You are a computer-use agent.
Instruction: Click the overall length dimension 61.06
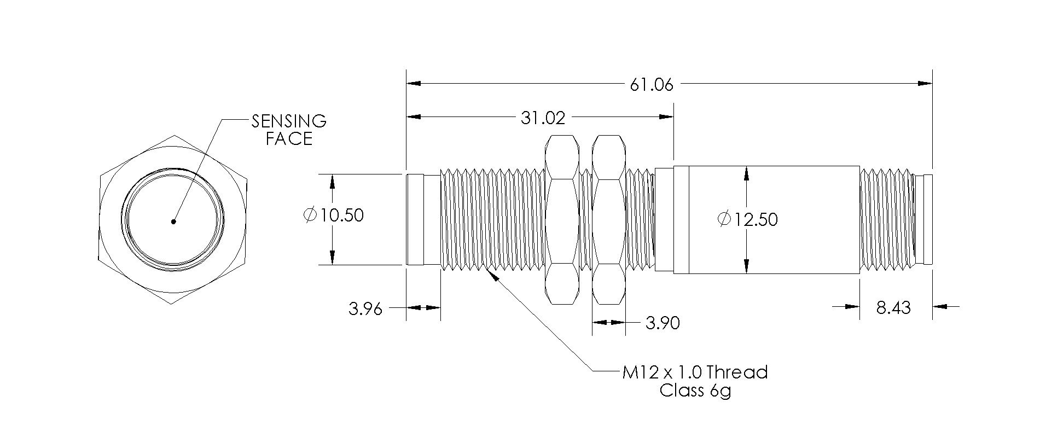tap(652, 85)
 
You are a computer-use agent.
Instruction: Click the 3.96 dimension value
tap(365, 309)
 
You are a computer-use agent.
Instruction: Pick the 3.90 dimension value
tap(663, 323)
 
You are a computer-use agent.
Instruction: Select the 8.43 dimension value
tap(893, 308)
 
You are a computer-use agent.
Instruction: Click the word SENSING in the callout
tap(288, 121)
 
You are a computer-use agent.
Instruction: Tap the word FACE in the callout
tap(289, 139)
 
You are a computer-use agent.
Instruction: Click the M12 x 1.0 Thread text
tap(695, 372)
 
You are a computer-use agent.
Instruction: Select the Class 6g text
tap(695, 391)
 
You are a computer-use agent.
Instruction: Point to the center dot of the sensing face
tap(173, 222)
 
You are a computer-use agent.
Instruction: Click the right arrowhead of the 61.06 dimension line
tap(925, 84)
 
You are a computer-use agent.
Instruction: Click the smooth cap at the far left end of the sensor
tap(415, 219)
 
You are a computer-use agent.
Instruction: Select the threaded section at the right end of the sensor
tap(886, 219)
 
